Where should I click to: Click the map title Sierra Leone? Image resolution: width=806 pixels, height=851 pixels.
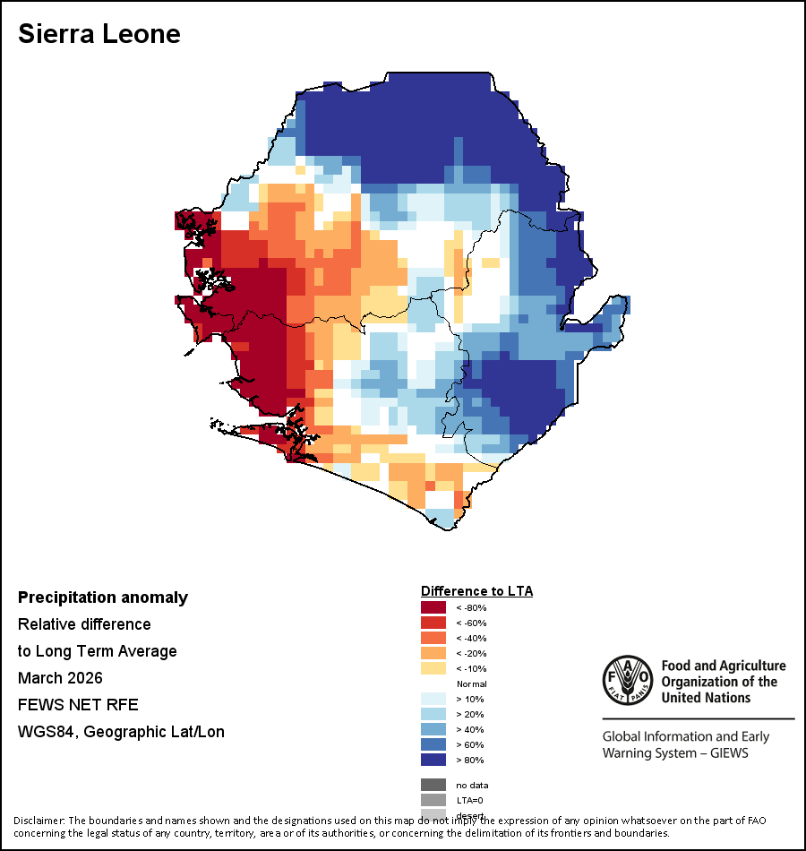pos(99,34)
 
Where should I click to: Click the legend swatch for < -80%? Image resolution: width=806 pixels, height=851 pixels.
pos(433,607)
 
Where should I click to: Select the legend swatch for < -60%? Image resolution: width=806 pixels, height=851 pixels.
pos(433,623)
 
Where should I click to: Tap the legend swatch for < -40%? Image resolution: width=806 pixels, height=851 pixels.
pos(433,638)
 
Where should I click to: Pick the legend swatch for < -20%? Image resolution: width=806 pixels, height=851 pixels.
pos(433,653)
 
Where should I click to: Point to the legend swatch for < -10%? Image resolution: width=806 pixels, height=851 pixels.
pos(433,668)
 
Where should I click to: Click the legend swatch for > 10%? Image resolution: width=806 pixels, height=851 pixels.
pos(433,699)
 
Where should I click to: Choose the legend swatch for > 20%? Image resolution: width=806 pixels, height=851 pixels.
pos(433,714)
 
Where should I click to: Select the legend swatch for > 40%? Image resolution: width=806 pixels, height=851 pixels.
pos(433,729)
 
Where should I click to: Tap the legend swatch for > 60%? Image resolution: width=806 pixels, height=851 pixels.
pos(433,744)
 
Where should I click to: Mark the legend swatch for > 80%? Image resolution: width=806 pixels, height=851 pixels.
pos(433,760)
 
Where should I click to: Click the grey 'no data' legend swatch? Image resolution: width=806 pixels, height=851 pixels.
pos(433,785)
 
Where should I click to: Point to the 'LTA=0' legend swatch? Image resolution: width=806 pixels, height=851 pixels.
pos(433,800)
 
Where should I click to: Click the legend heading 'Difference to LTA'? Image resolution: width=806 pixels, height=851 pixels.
pos(476,591)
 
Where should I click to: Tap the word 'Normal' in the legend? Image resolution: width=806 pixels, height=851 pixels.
pos(472,683)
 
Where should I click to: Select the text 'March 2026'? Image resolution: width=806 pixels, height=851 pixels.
pos(60,677)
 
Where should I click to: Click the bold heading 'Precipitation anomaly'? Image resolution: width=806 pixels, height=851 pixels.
pos(103,597)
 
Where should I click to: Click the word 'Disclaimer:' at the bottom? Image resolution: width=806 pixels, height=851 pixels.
pos(39,821)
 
